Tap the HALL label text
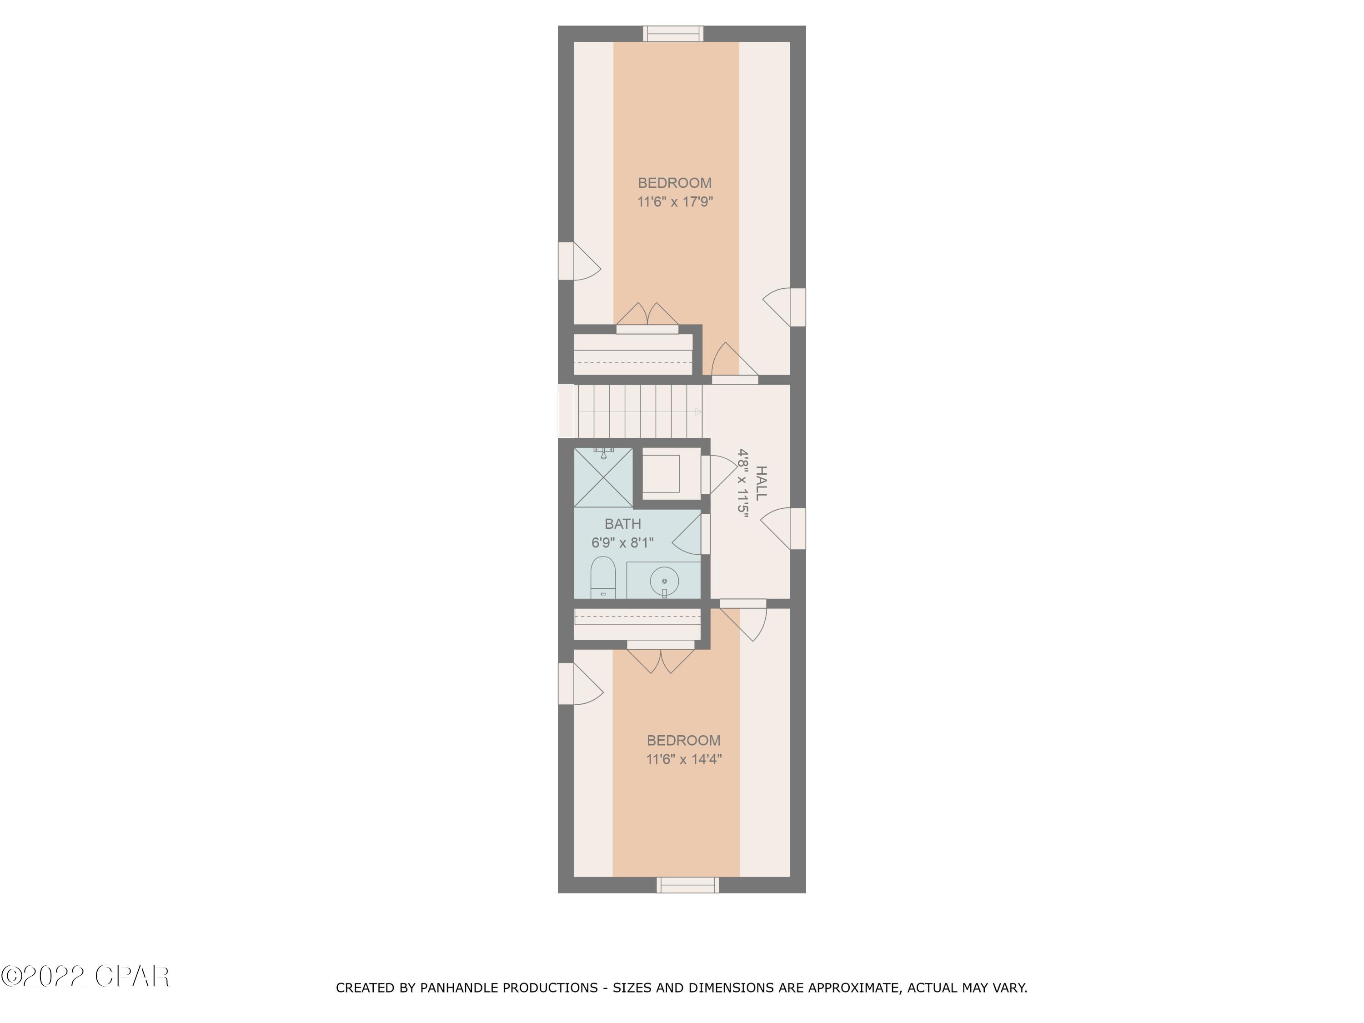coord(762,483)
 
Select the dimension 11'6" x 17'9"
coord(675,201)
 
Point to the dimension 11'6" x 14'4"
coord(683,759)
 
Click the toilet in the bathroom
coord(603,578)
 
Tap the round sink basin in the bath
coord(664,581)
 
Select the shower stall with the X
coord(603,478)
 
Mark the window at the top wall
coord(673,34)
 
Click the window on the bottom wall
coord(687,885)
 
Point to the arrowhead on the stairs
coord(698,411)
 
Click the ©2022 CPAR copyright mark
coord(85,976)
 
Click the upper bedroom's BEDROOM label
coord(675,183)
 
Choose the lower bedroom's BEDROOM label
coord(683,740)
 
